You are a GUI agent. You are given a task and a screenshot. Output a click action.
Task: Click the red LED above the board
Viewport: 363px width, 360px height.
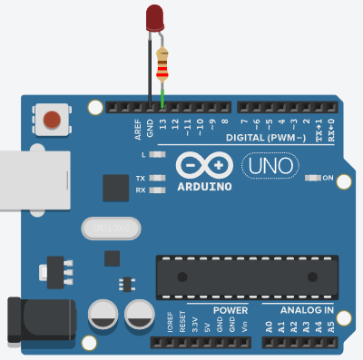tap(155, 17)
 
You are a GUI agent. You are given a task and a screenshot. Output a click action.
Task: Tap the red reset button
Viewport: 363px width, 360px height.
tap(53, 119)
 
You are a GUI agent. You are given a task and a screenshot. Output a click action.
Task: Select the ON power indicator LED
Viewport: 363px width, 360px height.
tap(313, 178)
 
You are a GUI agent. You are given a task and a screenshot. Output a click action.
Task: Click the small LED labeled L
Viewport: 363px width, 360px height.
tap(158, 155)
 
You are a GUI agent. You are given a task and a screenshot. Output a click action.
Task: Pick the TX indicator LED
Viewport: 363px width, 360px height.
tap(158, 178)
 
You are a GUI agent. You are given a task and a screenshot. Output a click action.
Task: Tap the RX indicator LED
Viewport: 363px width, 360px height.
tap(158, 190)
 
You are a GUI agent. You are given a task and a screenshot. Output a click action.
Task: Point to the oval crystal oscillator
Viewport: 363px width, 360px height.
tap(110, 228)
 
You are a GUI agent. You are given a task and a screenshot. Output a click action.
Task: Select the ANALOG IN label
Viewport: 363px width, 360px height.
tap(307, 310)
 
